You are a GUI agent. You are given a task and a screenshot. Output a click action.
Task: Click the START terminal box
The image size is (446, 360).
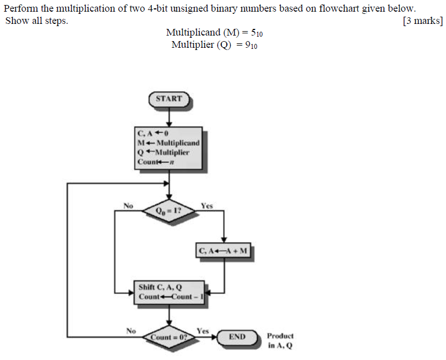169,99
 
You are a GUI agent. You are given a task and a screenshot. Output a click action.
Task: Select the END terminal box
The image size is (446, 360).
237,337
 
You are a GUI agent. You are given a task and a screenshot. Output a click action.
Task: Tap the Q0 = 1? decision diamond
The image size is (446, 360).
169,211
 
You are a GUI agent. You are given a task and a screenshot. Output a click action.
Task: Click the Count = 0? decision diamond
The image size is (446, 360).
169,337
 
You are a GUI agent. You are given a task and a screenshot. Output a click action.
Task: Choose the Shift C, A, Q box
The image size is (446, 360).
169,292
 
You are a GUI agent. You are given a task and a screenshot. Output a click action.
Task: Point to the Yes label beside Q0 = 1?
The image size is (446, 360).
206,206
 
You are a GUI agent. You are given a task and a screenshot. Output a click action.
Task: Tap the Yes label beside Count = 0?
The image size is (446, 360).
202,331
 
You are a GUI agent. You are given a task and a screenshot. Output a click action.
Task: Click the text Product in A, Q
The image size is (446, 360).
280,341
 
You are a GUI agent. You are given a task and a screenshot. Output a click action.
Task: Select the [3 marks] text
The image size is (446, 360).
422,21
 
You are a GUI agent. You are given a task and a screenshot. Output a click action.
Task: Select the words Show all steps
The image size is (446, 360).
37,21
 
